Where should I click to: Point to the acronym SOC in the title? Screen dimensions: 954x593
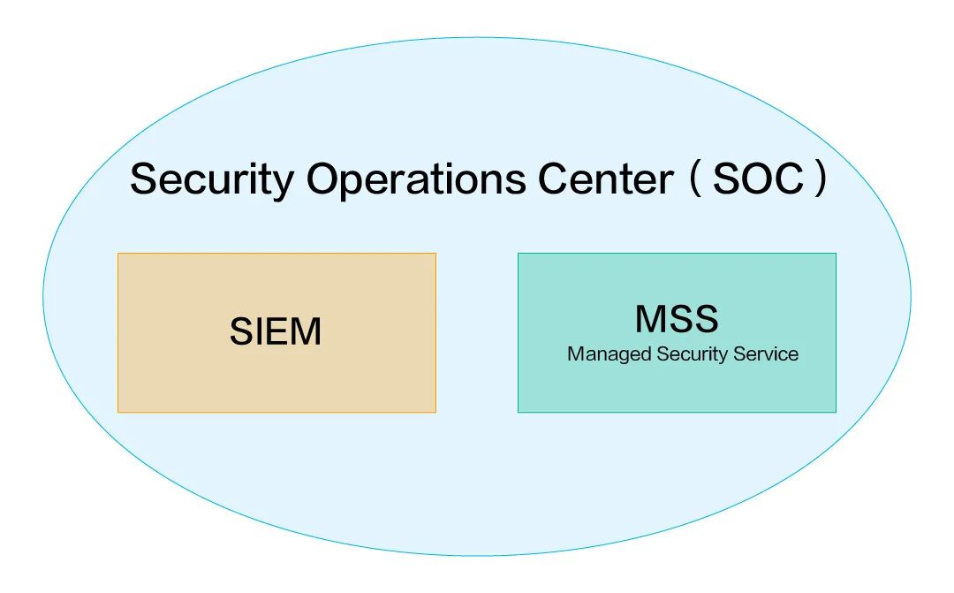pos(759,179)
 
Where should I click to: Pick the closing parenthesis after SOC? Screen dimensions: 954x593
pos(821,179)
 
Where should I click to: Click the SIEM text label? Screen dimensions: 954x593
pos(276,332)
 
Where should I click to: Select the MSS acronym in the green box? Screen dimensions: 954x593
pos(677,319)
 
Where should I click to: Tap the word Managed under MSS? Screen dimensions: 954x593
pos(609,355)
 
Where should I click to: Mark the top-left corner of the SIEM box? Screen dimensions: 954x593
pos(118,255)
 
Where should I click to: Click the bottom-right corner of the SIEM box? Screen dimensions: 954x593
pos(435,411)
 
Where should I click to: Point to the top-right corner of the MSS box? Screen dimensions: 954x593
pos(835,255)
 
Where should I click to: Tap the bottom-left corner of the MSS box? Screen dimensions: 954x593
pos(519,411)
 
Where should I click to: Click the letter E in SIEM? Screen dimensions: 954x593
pos(276,332)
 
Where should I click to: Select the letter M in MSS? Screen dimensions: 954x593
pos(650,319)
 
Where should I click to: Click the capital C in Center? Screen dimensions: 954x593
pos(552,179)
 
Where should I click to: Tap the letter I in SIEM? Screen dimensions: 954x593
pos(256,332)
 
